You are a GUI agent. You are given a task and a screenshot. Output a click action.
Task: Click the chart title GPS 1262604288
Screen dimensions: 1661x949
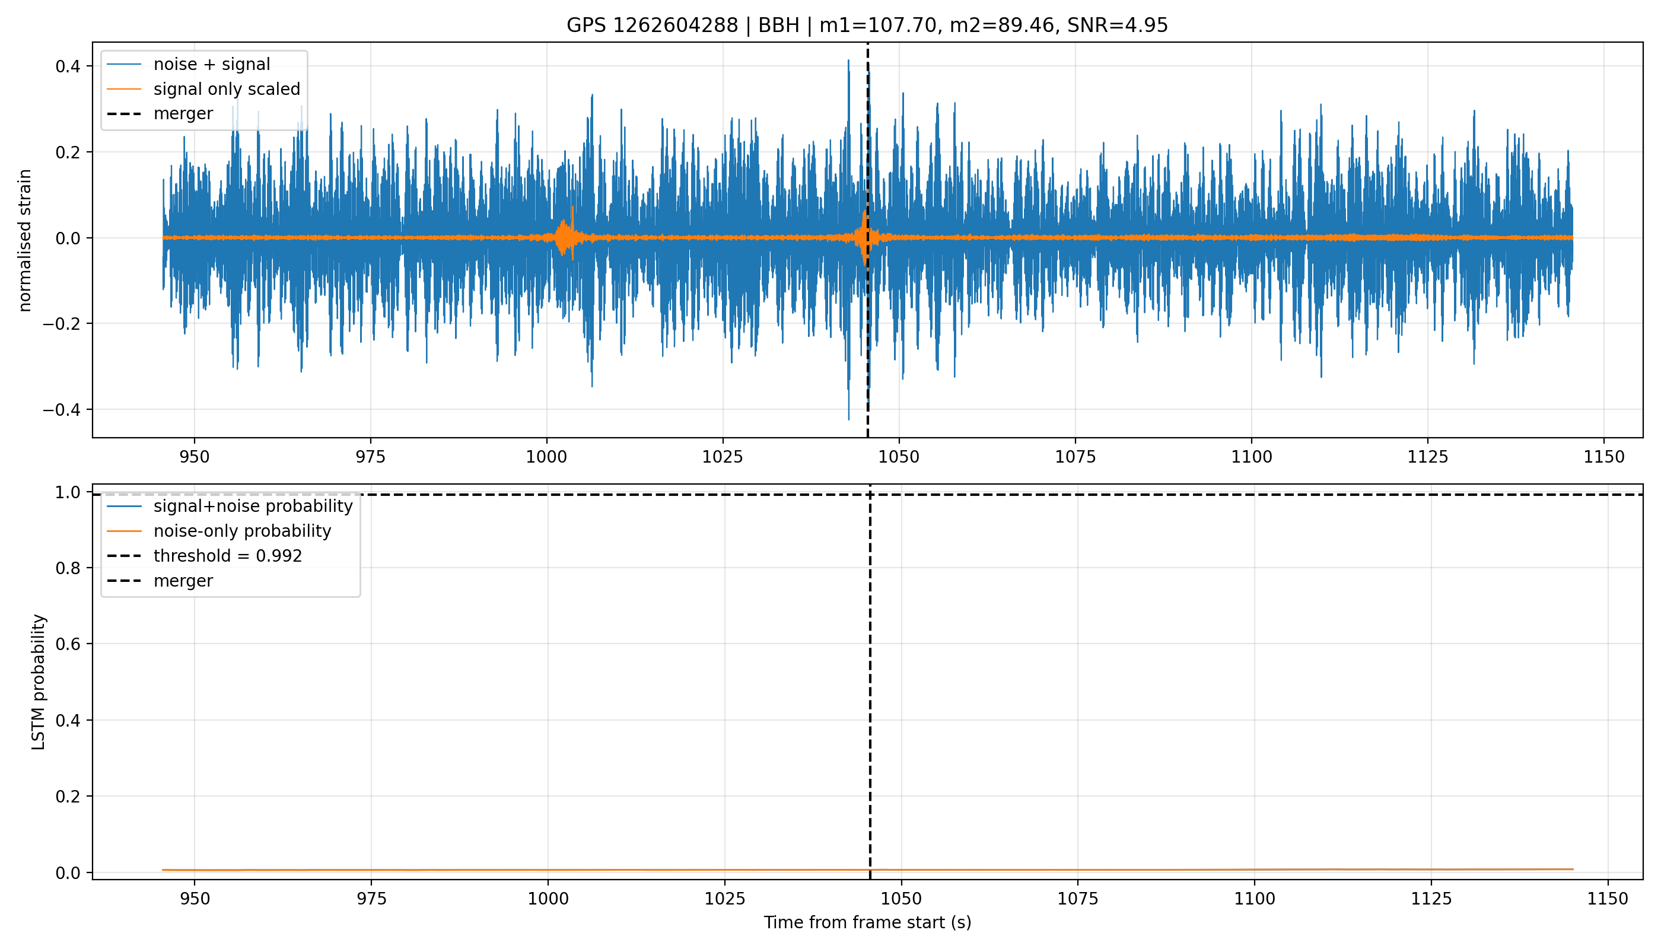[x=652, y=26]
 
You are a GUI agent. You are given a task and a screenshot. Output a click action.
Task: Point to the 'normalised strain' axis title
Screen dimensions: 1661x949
[x=25, y=240]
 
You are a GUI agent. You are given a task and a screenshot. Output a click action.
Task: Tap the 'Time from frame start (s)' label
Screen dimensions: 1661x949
[x=868, y=922]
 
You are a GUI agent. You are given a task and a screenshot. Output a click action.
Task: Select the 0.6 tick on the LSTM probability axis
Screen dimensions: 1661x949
[x=69, y=644]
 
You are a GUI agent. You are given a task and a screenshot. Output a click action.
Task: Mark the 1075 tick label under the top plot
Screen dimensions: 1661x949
[x=1075, y=457]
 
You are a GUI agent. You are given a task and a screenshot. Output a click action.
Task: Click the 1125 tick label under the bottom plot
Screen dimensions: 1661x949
[x=1431, y=899]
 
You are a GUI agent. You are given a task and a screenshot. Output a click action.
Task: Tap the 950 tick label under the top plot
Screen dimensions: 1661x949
[x=194, y=457]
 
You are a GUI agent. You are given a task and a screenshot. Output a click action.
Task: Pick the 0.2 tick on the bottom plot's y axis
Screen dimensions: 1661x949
[x=69, y=797]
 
